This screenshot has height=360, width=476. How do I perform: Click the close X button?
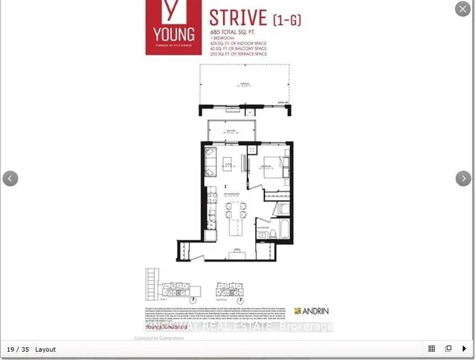tap(463, 9)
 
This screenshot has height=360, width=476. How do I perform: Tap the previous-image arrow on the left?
tap(10, 179)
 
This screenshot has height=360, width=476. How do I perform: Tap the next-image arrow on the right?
tap(463, 179)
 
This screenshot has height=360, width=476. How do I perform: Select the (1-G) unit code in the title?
tap(287, 19)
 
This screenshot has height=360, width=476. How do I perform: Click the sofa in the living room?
tap(210, 161)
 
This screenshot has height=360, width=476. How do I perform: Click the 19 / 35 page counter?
tap(18, 349)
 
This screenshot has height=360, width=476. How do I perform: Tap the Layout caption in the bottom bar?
tap(45, 349)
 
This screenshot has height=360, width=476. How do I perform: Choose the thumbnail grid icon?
tap(431, 349)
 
